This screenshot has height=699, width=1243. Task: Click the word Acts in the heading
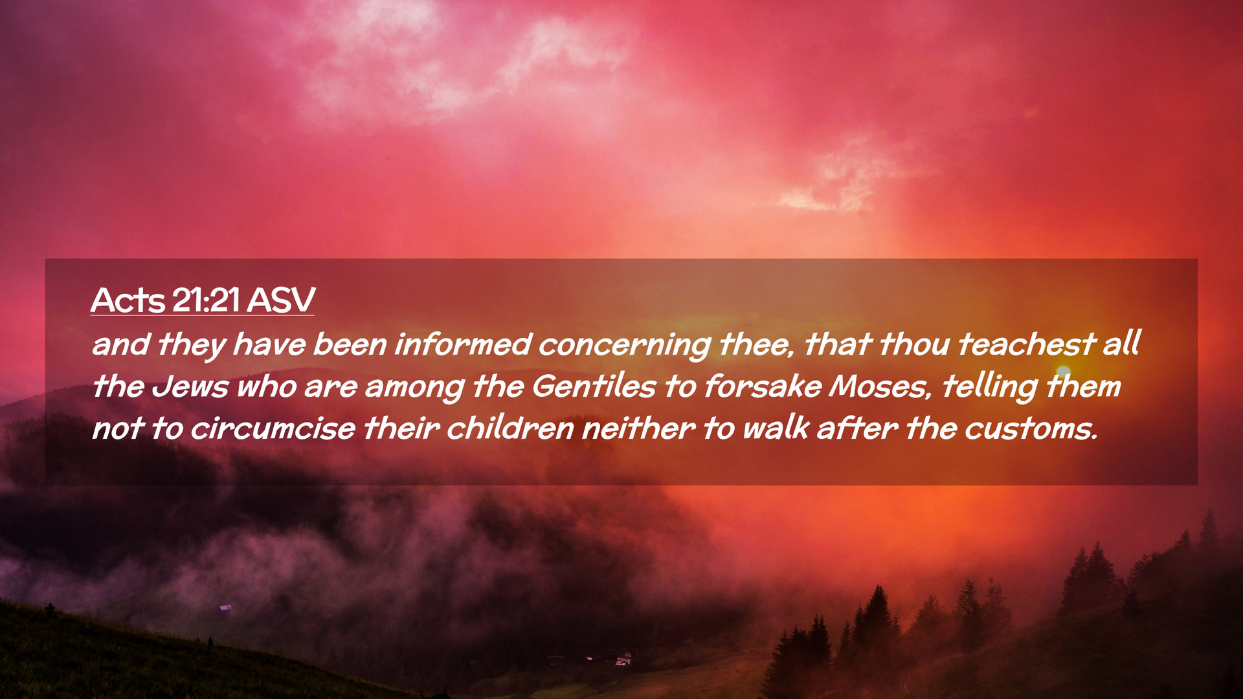pyautogui.click(x=128, y=300)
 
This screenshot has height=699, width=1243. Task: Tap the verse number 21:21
pyautogui.click(x=207, y=300)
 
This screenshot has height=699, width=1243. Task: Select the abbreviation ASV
pyautogui.click(x=281, y=300)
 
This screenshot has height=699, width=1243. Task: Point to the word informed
pyautogui.click(x=463, y=344)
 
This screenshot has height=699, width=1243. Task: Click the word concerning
pyautogui.click(x=625, y=345)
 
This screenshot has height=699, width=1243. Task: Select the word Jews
pyautogui.click(x=190, y=386)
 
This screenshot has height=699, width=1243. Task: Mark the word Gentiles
pyautogui.click(x=594, y=386)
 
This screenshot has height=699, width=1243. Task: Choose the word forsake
pyautogui.click(x=763, y=386)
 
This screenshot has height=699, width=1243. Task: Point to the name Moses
pyautogui.click(x=879, y=386)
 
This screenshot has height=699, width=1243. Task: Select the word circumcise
pyautogui.click(x=273, y=428)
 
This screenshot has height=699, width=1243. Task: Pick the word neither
pyautogui.click(x=638, y=428)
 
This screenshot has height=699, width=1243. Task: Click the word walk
pyautogui.click(x=776, y=428)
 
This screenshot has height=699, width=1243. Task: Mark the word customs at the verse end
pyautogui.click(x=1030, y=428)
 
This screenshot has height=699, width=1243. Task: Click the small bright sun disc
pyautogui.click(x=1063, y=372)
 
